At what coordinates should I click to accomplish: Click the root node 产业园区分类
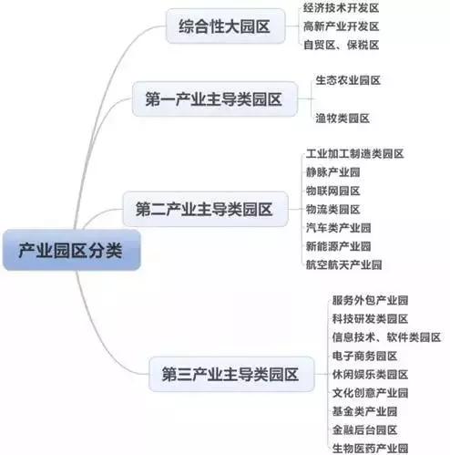pyautogui.click(x=72, y=250)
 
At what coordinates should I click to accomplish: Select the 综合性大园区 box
pyautogui.click(x=225, y=26)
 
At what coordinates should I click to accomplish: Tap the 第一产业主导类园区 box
pyautogui.click(x=215, y=98)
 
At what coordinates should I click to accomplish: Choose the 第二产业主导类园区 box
pyautogui.click(x=205, y=209)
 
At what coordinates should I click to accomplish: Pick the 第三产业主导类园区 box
pyautogui.click(x=231, y=374)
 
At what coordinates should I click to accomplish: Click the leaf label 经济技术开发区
pyautogui.click(x=342, y=8)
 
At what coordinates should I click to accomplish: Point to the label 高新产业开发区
pyautogui.click(x=342, y=26)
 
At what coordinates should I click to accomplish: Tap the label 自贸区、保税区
pyautogui.click(x=342, y=45)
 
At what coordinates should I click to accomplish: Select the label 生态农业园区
pyautogui.click(x=348, y=80)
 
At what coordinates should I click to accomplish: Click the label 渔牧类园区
pyautogui.click(x=343, y=118)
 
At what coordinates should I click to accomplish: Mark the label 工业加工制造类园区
pyautogui.click(x=354, y=153)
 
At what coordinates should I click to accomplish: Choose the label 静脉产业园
pyautogui.click(x=332, y=172)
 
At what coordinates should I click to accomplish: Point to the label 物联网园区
pyautogui.click(x=332, y=191)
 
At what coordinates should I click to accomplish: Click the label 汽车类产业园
pyautogui.click(x=338, y=228)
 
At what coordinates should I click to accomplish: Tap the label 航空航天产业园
pyautogui.click(x=343, y=264)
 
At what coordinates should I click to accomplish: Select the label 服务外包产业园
pyautogui.click(x=370, y=300)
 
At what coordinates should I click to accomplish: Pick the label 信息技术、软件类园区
pyautogui.click(x=386, y=337)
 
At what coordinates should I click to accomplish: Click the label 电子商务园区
pyautogui.click(x=364, y=356)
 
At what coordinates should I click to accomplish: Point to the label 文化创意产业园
pyautogui.click(x=370, y=393)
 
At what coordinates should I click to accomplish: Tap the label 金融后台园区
pyautogui.click(x=364, y=429)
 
